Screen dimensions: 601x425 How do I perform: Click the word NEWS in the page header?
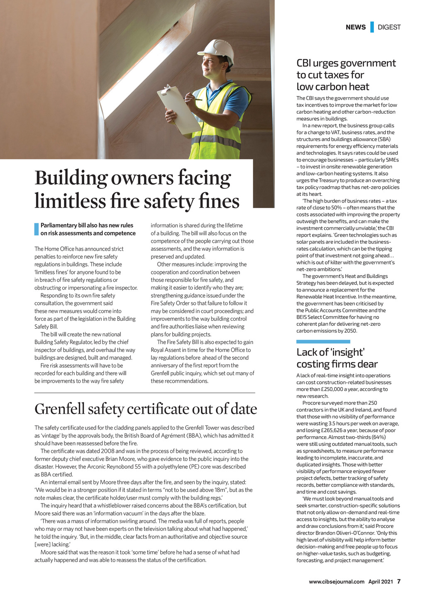356,27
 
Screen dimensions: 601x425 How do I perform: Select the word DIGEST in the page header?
389,27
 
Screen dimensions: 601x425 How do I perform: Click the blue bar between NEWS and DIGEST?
372,27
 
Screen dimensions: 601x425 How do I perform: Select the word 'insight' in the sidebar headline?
348,352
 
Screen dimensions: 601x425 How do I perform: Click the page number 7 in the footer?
398,581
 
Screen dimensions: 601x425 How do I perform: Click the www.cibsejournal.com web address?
337,582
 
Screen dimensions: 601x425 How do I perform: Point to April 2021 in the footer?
381,582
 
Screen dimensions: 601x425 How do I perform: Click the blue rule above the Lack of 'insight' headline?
323,342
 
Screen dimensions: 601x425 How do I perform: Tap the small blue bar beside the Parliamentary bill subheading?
37,230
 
